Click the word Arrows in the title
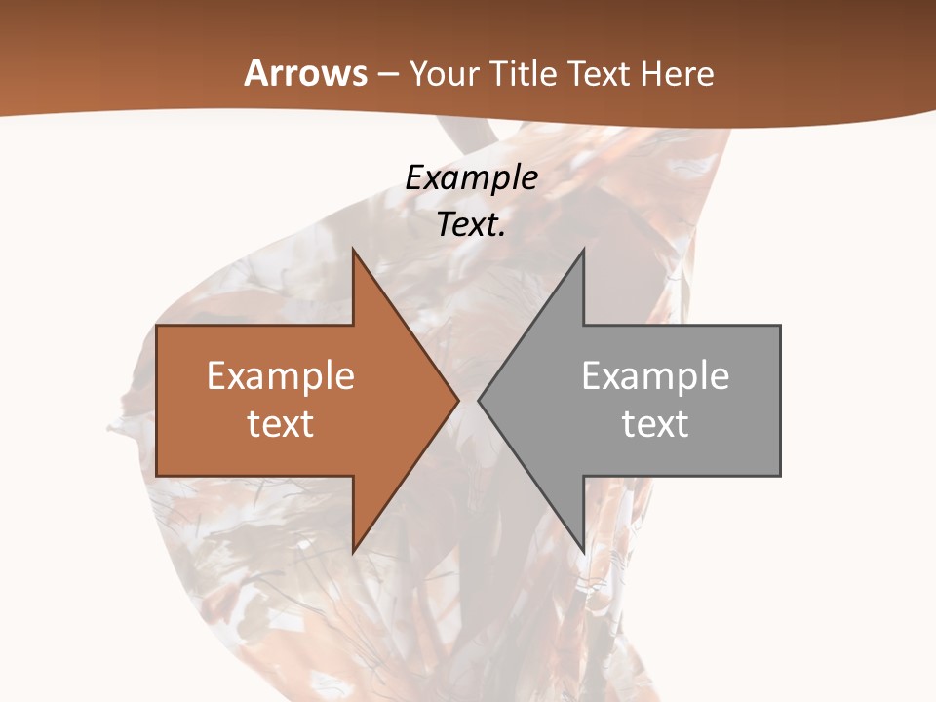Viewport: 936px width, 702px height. [x=305, y=73]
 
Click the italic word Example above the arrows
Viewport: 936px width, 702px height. [x=472, y=177]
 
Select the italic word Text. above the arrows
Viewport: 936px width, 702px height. [x=472, y=225]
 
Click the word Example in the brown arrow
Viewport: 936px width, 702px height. [x=281, y=376]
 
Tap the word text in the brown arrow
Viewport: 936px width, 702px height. [x=281, y=424]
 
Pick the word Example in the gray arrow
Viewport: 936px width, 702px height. [x=655, y=376]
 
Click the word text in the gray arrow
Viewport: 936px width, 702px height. [x=655, y=424]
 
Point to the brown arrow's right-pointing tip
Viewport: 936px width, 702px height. [x=458, y=401]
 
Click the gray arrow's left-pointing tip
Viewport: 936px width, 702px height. [x=479, y=401]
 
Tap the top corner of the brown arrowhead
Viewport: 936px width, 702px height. [x=353, y=250]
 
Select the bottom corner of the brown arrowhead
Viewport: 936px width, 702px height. [x=353, y=553]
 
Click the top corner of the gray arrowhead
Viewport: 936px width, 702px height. [x=583, y=250]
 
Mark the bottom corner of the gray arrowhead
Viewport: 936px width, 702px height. [x=583, y=553]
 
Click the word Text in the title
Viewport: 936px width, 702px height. [x=599, y=74]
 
